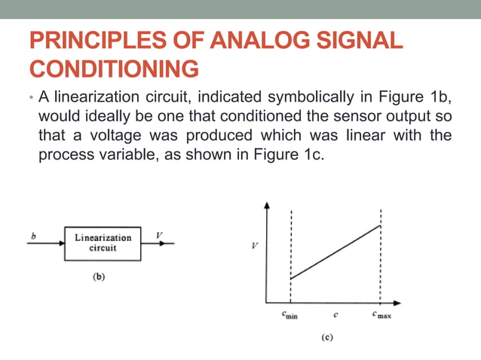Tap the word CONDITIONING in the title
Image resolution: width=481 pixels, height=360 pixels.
[114, 69]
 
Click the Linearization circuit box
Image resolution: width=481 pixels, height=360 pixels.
[103, 243]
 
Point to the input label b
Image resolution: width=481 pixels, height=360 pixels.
[33, 236]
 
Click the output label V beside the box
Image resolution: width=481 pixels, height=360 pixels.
[158, 235]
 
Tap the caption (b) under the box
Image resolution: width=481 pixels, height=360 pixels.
[98, 276]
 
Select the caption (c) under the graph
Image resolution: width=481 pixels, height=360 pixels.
[326, 338]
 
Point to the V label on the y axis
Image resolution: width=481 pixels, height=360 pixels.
[255, 247]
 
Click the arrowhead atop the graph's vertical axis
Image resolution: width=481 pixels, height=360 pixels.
[266, 206]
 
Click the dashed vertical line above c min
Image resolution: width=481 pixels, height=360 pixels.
[291, 241]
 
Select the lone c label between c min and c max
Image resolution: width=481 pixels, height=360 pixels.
[335, 314]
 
